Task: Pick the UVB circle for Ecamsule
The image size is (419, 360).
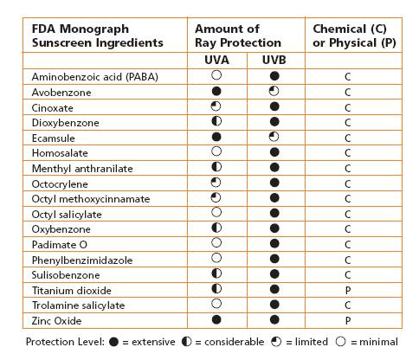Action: (x=273, y=137)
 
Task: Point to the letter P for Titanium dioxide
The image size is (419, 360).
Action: (x=347, y=290)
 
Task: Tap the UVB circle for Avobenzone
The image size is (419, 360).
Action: (x=273, y=91)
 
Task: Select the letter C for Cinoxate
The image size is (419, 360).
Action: (x=347, y=106)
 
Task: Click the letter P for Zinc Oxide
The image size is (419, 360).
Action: (x=347, y=320)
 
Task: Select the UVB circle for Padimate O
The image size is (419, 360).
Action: (x=273, y=244)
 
